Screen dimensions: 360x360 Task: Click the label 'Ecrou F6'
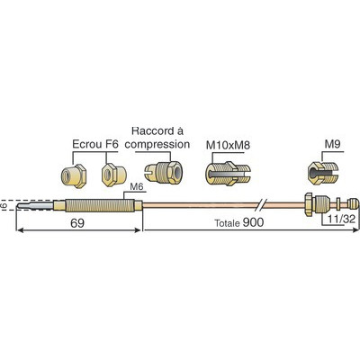(x=95, y=144)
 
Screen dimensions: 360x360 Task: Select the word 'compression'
(x=157, y=144)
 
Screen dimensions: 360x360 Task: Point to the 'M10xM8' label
(x=228, y=145)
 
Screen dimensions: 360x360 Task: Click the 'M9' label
(x=332, y=145)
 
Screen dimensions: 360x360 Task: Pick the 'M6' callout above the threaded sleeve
(x=137, y=187)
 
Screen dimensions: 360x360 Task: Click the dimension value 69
(x=77, y=223)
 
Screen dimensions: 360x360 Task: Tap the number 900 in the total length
(x=253, y=222)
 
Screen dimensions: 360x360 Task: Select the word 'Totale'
(x=227, y=223)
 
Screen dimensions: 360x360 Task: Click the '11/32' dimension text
(x=342, y=219)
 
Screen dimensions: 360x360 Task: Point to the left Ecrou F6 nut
(x=74, y=175)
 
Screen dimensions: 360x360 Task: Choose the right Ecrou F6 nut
(x=113, y=175)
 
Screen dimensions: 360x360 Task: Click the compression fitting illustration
(x=163, y=172)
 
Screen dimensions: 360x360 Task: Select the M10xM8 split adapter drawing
(x=227, y=174)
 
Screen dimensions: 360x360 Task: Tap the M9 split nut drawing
(x=323, y=173)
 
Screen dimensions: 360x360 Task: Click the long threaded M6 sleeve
(x=99, y=205)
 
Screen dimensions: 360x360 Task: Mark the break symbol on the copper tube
(x=261, y=205)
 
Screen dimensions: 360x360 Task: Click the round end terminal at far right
(x=353, y=203)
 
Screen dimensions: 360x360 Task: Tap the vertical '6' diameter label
(x=4, y=206)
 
